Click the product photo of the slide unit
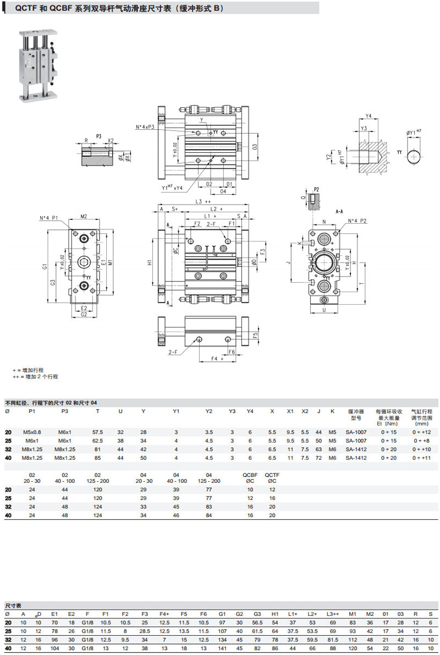(38, 65)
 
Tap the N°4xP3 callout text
(145, 128)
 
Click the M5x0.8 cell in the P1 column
(32, 432)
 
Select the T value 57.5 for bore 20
(98, 432)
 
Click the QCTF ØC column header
(272, 477)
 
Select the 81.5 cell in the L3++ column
(333, 641)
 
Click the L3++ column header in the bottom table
(333, 614)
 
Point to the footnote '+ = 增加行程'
(28, 370)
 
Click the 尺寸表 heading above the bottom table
(13, 605)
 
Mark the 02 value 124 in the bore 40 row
(98, 515)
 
